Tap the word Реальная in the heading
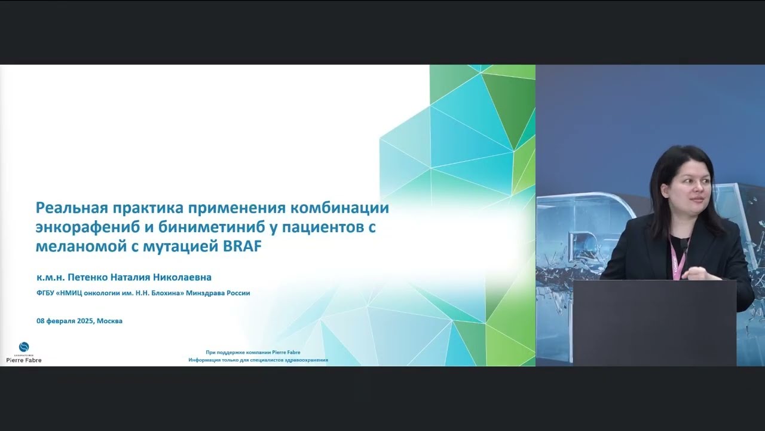[68, 208]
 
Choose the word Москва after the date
[110, 321]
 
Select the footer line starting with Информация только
[258, 360]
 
